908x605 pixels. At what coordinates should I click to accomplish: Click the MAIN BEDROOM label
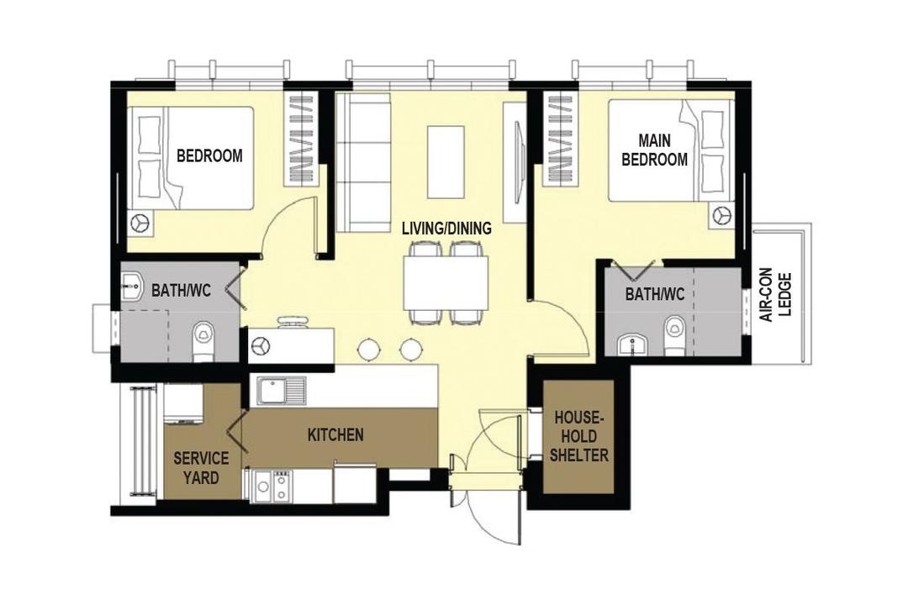click(x=654, y=150)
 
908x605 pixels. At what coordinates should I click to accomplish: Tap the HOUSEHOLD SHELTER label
click(x=579, y=436)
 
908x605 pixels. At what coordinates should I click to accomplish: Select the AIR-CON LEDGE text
click(x=775, y=294)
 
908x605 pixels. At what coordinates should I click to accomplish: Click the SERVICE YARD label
click(x=201, y=468)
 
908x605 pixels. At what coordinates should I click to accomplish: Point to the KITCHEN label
click(x=335, y=434)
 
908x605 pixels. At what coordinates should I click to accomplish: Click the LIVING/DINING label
click(x=446, y=228)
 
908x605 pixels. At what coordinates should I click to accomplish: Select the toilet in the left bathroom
click(x=202, y=342)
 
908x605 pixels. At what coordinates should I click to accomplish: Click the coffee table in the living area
click(x=446, y=162)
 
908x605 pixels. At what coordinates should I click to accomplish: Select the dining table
click(x=446, y=282)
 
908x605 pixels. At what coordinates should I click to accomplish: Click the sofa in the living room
click(x=362, y=161)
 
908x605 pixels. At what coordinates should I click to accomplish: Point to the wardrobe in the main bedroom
click(x=561, y=139)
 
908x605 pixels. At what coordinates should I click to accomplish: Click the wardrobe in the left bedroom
click(x=302, y=139)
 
